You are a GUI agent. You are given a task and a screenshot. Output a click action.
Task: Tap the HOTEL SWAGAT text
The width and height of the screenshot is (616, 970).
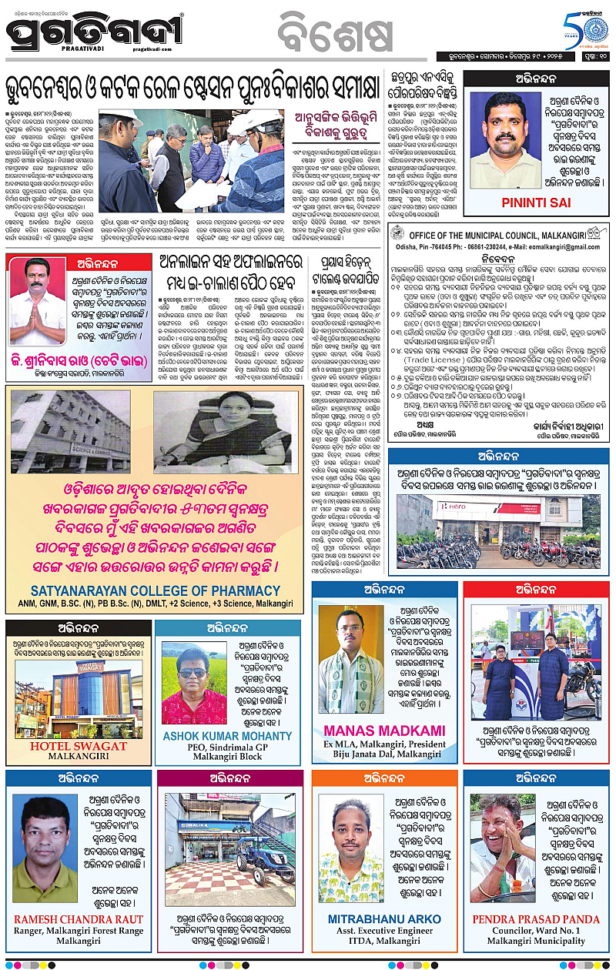pyautogui.click(x=78, y=746)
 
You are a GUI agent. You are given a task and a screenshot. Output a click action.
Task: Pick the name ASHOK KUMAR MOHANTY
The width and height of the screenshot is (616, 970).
pyautogui.click(x=228, y=736)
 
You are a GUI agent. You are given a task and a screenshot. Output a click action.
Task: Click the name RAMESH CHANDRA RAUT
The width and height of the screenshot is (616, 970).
pyautogui.click(x=79, y=919)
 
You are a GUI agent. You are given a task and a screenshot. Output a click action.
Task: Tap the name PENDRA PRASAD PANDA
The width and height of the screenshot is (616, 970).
pyautogui.click(x=536, y=919)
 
